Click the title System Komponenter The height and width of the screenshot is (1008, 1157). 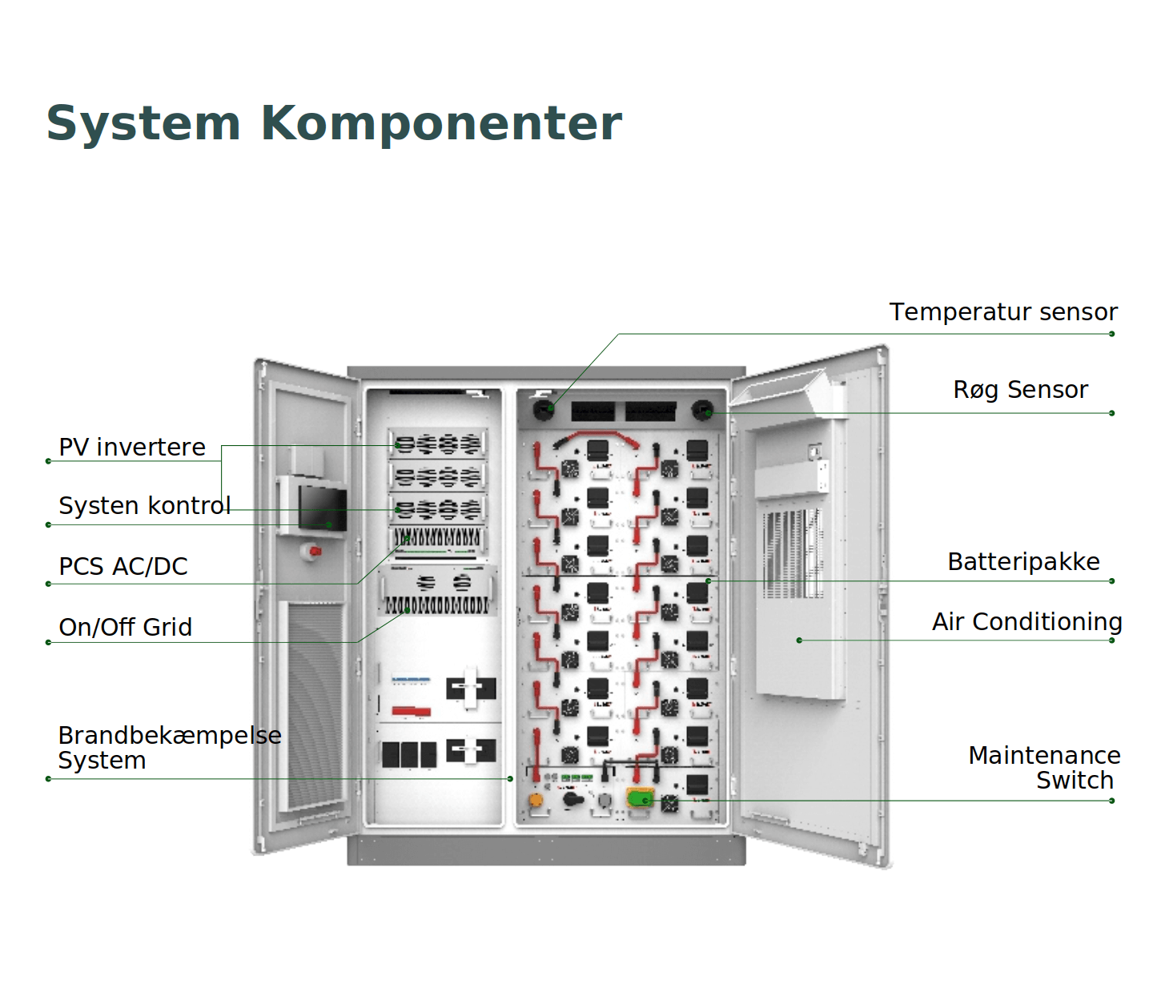(x=334, y=123)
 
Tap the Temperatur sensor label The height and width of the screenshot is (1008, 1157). (x=1002, y=311)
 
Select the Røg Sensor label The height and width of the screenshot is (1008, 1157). (x=1020, y=389)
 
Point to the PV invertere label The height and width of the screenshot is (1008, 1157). (x=132, y=447)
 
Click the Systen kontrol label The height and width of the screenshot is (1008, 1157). (x=144, y=505)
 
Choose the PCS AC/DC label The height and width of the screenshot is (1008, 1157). (x=123, y=566)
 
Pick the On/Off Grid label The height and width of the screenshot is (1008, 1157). (x=125, y=627)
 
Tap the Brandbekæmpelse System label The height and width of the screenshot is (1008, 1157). (x=169, y=747)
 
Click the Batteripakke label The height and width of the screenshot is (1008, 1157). (x=1023, y=561)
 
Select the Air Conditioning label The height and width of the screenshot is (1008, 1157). (x=1026, y=621)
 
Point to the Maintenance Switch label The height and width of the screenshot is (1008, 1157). (x=1043, y=767)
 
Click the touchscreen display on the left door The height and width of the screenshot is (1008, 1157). (x=323, y=507)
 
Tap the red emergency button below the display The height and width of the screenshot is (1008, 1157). (x=315, y=551)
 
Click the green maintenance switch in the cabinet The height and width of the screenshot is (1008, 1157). (x=640, y=798)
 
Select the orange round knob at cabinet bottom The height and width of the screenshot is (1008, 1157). (x=536, y=799)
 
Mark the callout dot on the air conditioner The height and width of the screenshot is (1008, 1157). (x=799, y=641)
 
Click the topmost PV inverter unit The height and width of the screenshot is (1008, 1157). (x=438, y=444)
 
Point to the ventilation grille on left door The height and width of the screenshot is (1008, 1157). (x=314, y=705)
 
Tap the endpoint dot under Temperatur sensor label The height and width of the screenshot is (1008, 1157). (x=1111, y=334)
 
